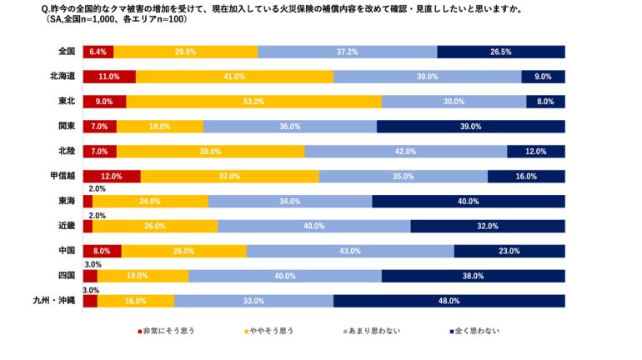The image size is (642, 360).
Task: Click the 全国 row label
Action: [67, 52]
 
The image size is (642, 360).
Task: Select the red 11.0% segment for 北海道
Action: [109, 77]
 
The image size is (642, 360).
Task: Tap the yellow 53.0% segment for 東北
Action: [253, 102]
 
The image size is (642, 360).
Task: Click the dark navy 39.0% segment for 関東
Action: [470, 127]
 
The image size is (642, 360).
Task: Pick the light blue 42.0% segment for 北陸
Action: [405, 152]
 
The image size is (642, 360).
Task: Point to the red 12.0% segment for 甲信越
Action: [112, 177]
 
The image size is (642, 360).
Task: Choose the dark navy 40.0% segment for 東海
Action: [468, 201]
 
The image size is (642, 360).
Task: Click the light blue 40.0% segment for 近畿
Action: [313, 226]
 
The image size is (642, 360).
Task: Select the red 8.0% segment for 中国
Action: [102, 251]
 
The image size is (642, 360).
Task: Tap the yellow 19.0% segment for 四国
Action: [143, 276]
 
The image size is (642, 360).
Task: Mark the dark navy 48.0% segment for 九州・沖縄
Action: [449, 301]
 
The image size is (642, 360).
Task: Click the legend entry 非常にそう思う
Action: [166, 331]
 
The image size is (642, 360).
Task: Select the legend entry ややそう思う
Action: [268, 331]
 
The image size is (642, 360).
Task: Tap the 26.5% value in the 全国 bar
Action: [501, 52]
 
